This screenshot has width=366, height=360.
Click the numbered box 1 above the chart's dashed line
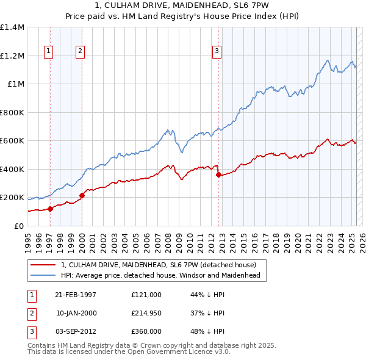coord(48,52)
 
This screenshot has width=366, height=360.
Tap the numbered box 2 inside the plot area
coord(80,52)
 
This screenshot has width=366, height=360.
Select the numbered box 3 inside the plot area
coord(217,52)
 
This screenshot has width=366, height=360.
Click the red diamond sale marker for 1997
coord(51,209)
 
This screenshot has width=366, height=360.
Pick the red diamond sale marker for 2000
coord(82,195)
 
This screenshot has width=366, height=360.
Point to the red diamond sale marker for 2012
coord(218,175)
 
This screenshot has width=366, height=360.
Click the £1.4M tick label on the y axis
coord(12,27)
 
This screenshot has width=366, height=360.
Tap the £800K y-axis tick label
coord(12,112)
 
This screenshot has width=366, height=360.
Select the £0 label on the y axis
coord(18,226)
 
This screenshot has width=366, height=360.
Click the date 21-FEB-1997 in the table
coord(76,295)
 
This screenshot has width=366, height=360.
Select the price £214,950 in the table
coord(146,313)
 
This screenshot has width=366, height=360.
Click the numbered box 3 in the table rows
coord(31,331)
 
